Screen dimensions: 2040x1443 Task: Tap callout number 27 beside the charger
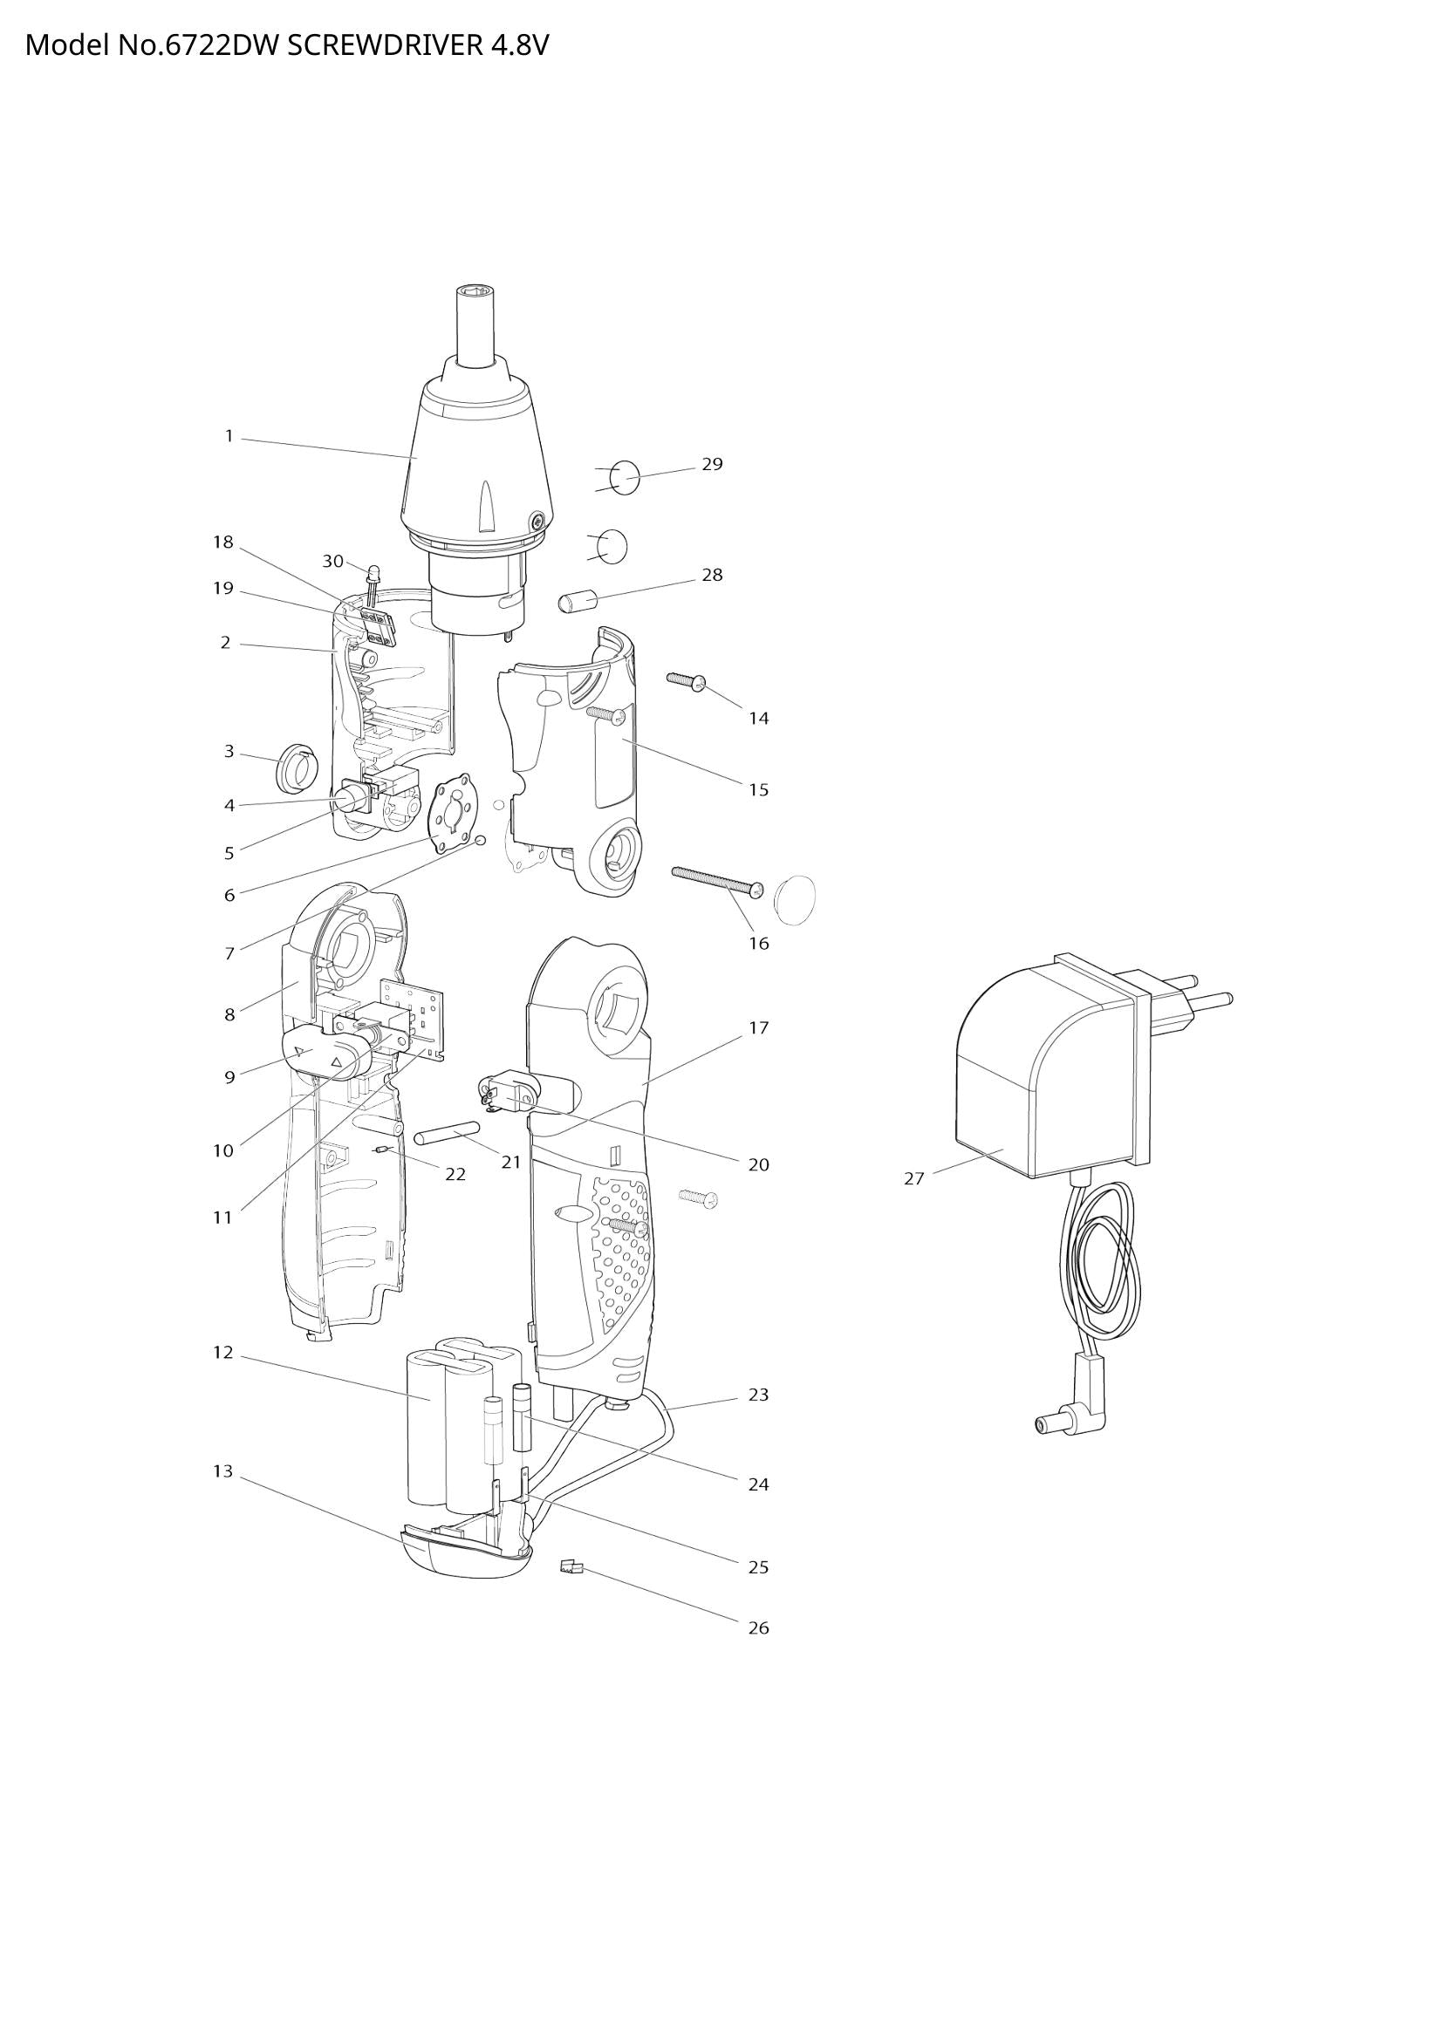coord(914,1179)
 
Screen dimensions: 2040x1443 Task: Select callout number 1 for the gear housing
coord(229,436)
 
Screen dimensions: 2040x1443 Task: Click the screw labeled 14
coord(685,680)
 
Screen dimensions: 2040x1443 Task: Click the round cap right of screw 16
coord(795,898)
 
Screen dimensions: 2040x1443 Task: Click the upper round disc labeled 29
coord(626,478)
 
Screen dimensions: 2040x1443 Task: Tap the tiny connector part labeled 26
coord(571,1567)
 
